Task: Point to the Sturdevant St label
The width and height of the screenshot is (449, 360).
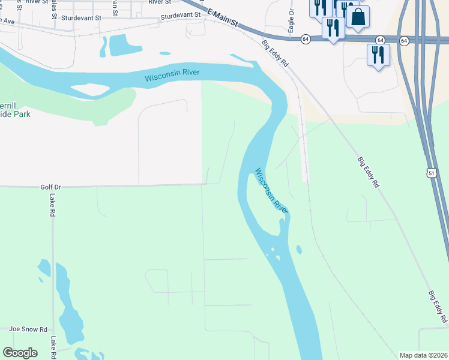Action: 180,18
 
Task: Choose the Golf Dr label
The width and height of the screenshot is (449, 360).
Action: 52,187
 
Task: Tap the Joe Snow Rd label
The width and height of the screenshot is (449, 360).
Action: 28,329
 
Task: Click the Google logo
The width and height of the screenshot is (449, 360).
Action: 20,353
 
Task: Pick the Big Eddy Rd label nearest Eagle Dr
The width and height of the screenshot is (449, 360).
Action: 276,53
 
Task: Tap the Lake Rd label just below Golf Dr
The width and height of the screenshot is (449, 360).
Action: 53,205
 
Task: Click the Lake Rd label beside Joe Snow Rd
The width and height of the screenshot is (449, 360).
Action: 53,346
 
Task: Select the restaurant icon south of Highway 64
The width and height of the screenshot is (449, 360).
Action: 378,55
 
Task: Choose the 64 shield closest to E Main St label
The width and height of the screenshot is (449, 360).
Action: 306,39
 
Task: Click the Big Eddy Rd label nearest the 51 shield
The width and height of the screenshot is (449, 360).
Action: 369,173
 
